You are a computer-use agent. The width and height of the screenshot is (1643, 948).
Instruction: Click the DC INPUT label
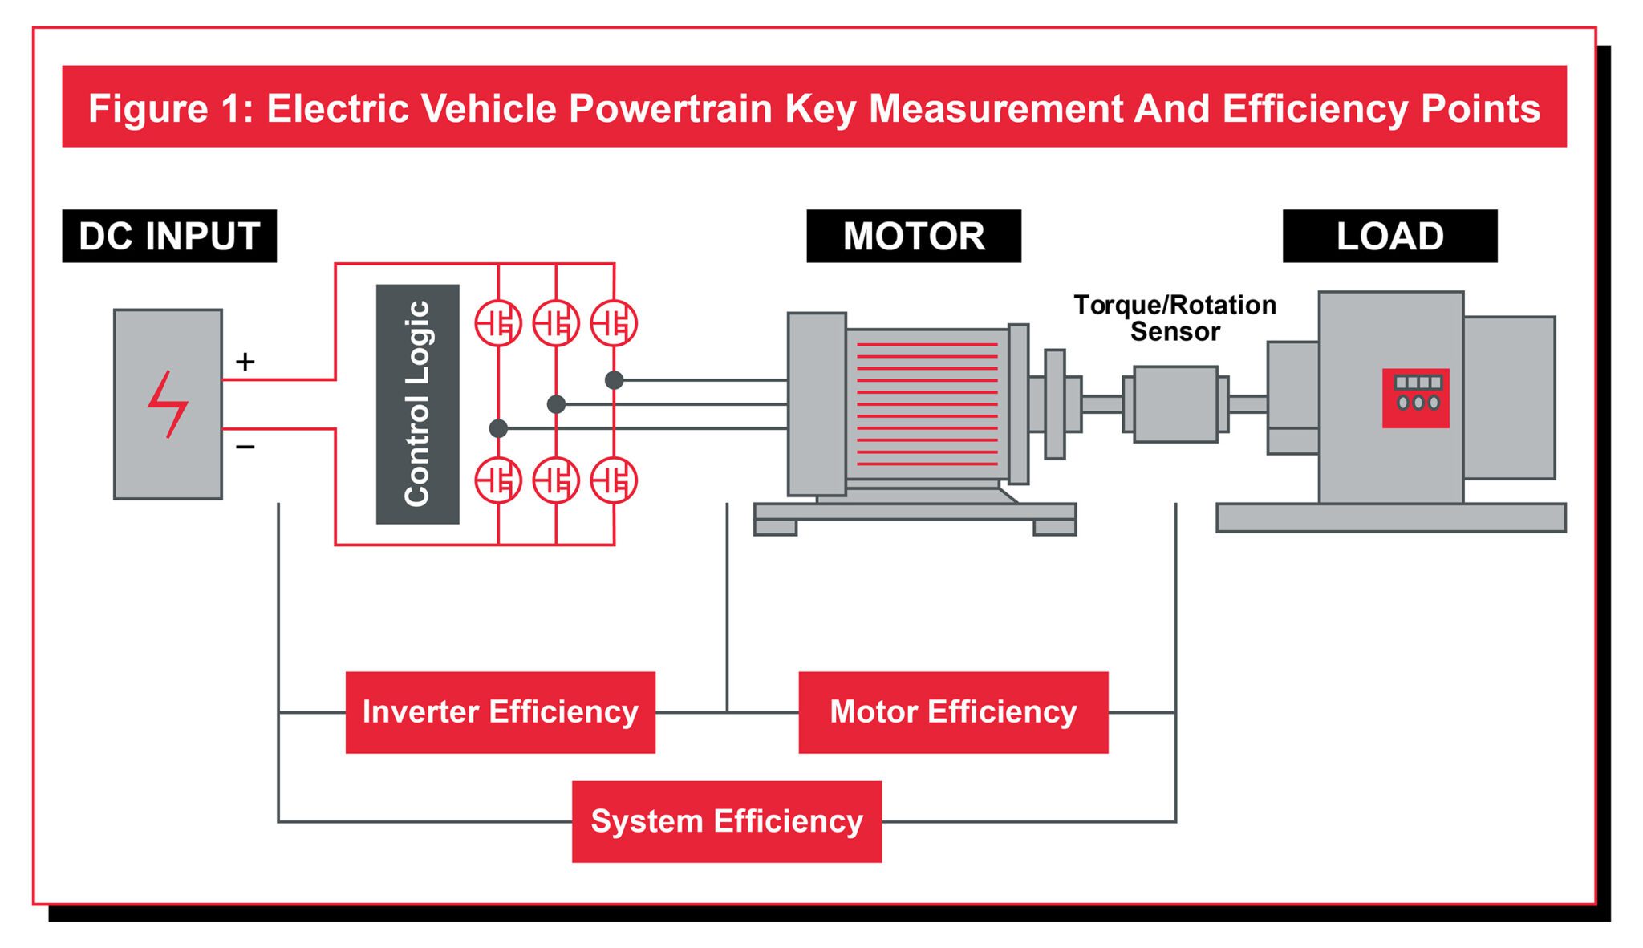pos(169,236)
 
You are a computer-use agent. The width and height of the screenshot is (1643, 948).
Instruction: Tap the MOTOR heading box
pos(913,236)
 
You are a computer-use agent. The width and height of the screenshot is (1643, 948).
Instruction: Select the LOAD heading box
pos(1389,236)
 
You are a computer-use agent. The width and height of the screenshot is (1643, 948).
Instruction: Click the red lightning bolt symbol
pos(168,404)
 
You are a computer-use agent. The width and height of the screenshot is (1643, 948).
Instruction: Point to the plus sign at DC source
pos(245,362)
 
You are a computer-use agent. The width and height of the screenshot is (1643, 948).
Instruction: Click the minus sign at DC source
pos(245,446)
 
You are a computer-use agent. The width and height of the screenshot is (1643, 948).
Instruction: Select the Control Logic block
pos(417,404)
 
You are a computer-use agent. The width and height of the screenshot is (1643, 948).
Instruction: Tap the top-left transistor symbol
pos(498,323)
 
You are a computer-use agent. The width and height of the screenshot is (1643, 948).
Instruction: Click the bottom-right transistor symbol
pos(614,480)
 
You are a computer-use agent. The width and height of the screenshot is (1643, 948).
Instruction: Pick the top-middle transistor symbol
pos(556,323)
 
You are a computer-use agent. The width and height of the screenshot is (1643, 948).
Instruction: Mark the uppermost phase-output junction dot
pos(614,380)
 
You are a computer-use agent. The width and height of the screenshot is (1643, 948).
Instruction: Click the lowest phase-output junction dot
pos(498,428)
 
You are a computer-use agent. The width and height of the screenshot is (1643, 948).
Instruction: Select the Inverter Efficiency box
pos(500,712)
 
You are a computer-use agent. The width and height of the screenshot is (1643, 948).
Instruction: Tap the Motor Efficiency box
pos(952,712)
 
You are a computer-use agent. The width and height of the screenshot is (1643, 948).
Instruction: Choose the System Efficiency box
pos(726,821)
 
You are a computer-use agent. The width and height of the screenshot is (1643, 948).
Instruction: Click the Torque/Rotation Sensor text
pos(1174,318)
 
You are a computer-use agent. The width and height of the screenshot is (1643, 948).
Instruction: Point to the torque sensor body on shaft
pos(1174,404)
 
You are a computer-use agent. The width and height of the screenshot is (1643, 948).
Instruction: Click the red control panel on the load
pos(1415,398)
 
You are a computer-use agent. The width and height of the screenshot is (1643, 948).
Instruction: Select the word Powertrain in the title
pos(670,108)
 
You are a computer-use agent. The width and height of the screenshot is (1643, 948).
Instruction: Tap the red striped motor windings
pos(927,404)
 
